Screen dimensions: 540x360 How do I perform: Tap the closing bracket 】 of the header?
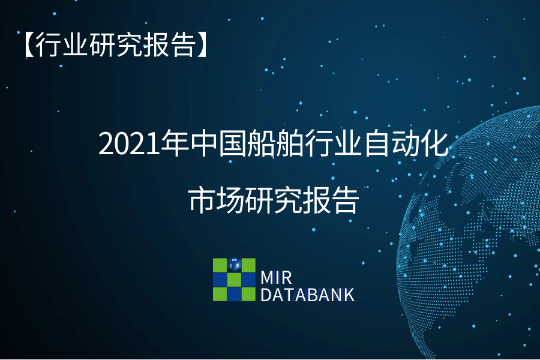[201, 44]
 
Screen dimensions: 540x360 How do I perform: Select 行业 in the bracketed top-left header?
[62, 44]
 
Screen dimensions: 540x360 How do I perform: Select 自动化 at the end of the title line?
[406, 143]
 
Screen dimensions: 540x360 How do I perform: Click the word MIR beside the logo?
[276, 278]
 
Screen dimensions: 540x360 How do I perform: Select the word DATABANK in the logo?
[307, 295]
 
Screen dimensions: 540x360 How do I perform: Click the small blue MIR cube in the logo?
[234, 265]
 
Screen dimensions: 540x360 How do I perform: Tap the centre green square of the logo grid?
[234, 280]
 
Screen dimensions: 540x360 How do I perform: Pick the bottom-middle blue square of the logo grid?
[234, 294]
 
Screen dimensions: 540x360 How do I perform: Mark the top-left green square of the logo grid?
[220, 265]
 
